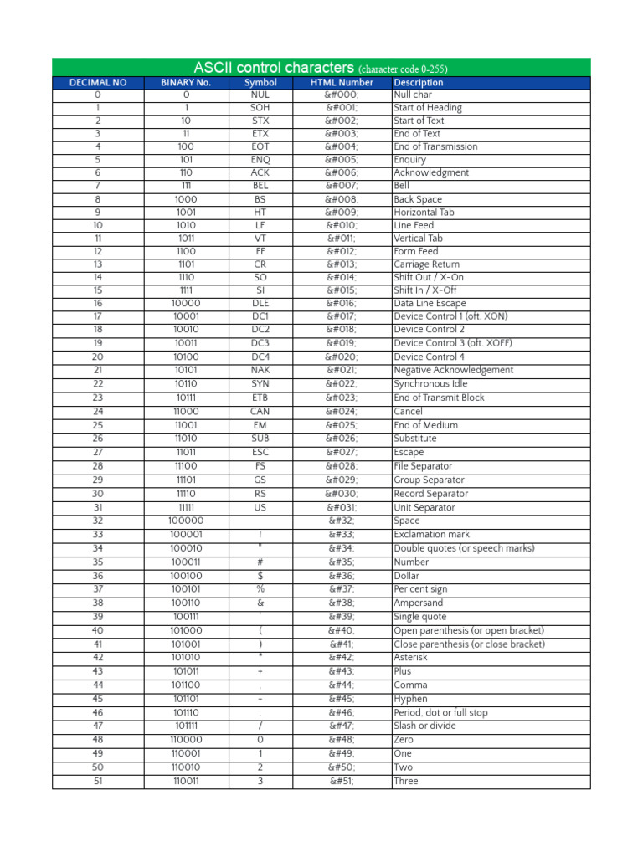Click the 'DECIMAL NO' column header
point(98,83)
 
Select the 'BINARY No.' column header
point(186,83)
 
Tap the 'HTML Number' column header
point(342,83)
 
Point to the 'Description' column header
point(419,83)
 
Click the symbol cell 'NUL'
point(260,95)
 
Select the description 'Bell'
point(403,186)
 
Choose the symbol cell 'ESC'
point(260,453)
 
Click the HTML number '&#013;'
point(342,264)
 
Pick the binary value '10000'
point(186,303)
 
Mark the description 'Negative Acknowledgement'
point(454,370)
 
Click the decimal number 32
point(98,521)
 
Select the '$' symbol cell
point(260,576)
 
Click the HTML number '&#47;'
point(342,726)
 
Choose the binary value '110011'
point(186,781)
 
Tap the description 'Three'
point(406,781)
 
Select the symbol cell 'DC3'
point(260,343)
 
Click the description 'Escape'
point(409,453)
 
